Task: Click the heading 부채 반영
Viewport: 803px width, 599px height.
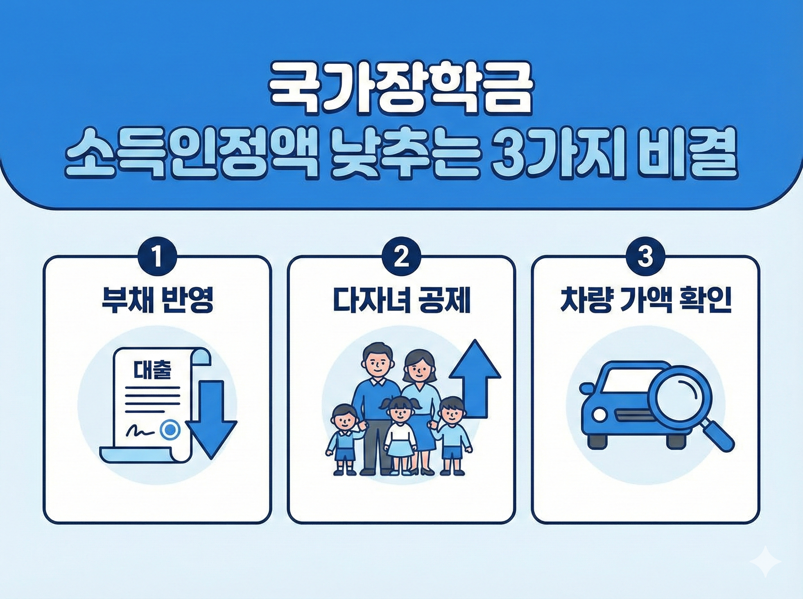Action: tap(157, 301)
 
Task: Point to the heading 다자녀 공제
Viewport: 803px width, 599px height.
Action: tap(401, 301)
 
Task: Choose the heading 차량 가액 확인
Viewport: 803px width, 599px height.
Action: tap(645, 301)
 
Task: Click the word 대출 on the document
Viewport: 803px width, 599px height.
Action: tap(152, 369)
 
